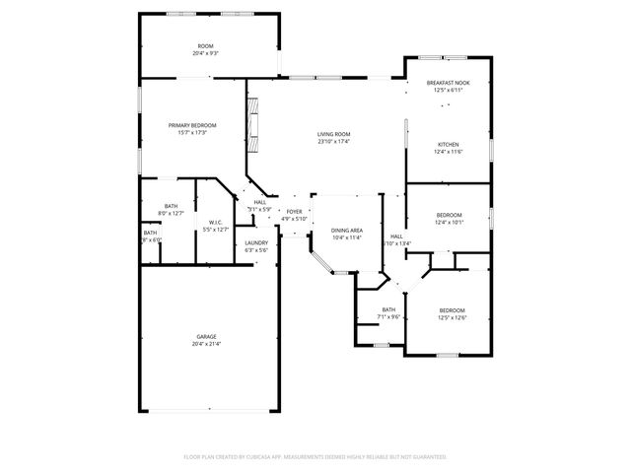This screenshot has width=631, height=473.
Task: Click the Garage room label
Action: point(206,337)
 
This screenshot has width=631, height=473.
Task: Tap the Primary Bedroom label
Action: point(192,125)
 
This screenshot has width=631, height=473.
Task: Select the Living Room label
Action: point(334,134)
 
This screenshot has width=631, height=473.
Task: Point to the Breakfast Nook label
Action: point(448,83)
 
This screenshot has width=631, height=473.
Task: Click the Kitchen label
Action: point(448,144)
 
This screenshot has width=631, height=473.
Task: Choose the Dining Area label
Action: point(347,230)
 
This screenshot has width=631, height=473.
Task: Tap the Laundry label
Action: point(256,242)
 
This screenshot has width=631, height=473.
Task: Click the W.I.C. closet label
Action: point(215,222)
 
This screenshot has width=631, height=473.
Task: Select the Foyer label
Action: point(294,211)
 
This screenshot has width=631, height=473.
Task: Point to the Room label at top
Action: point(206,46)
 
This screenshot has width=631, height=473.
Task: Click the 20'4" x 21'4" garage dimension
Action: point(206,345)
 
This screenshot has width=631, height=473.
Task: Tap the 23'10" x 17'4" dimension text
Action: point(334,142)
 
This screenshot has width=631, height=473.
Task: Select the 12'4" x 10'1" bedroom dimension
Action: point(449,223)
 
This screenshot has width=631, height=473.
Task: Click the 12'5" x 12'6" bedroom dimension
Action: point(452,317)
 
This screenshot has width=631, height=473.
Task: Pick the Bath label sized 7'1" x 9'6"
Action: point(388,309)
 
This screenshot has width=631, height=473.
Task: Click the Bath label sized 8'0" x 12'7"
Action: point(171,206)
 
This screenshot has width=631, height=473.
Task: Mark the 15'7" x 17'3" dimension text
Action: point(192,133)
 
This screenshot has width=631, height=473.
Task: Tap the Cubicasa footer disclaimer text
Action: point(315,457)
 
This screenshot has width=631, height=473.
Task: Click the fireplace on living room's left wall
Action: point(253,125)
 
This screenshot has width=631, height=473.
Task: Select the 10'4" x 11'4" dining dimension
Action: point(347,237)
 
